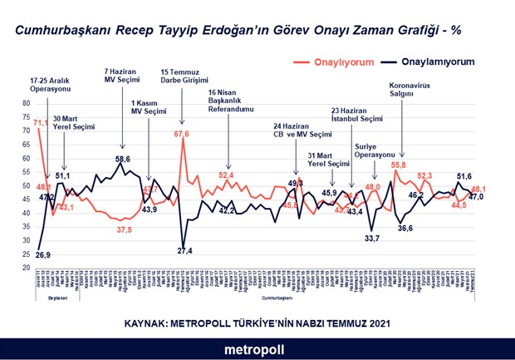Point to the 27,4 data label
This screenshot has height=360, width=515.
[185, 251]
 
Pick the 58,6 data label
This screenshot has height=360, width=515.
[123, 159]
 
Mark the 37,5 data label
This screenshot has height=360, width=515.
[125, 229]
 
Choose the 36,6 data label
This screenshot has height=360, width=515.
[405, 227]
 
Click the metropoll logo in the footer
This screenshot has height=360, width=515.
[257, 350]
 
